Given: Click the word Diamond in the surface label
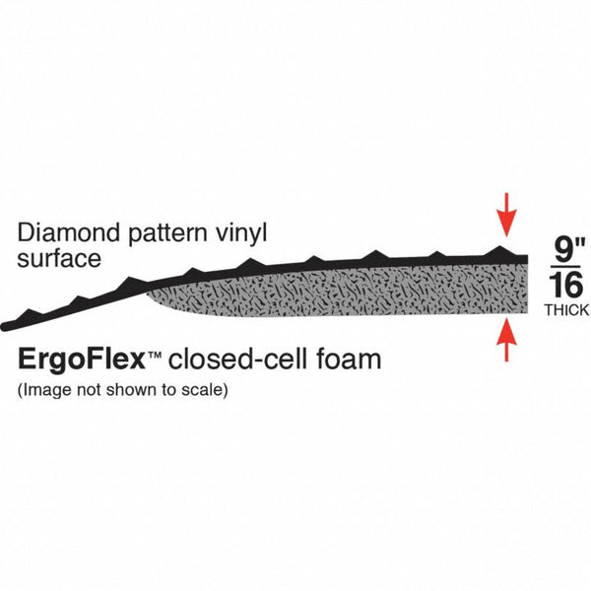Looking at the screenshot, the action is (68, 232).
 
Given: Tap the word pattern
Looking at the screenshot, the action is (167, 234).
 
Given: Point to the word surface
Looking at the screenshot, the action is (59, 259).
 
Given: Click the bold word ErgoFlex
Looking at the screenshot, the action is (82, 360).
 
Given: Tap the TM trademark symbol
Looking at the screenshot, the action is (155, 355).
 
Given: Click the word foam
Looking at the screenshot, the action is (349, 359).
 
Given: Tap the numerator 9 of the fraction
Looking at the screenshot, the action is (563, 249).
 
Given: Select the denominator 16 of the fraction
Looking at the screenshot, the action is (566, 285).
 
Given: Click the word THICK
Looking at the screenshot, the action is (566, 310).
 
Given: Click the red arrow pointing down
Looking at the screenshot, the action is (507, 215).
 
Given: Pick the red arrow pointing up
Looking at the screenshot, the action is (507, 340).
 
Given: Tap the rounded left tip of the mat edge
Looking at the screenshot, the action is (5, 327).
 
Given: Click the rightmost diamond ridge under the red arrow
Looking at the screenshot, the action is (499, 250).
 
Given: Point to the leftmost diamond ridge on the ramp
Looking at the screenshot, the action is (30, 314).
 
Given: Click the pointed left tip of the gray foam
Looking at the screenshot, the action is (148, 293).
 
